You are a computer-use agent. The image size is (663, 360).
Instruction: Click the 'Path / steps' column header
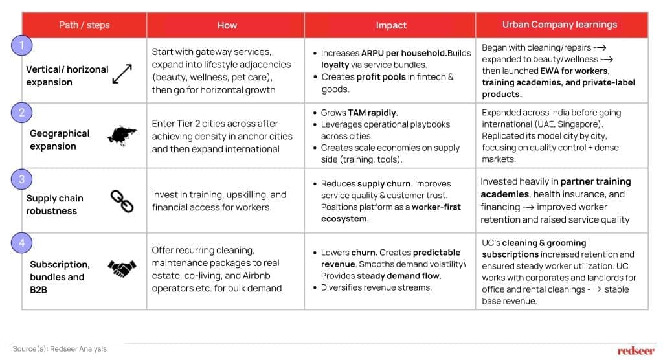(x=84, y=25)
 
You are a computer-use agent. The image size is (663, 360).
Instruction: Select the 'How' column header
(x=227, y=25)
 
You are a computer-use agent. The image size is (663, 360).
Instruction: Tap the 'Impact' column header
(x=391, y=25)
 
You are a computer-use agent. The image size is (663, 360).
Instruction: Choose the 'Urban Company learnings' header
(x=560, y=25)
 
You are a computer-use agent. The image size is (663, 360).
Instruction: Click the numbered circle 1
(x=21, y=45)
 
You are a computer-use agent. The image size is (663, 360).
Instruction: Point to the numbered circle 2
(x=21, y=113)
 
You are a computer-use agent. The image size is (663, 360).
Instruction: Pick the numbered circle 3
(x=21, y=178)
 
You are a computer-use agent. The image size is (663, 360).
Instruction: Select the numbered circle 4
(x=21, y=243)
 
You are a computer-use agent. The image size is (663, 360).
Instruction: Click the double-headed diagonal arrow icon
(x=122, y=74)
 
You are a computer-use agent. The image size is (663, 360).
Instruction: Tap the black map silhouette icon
(x=122, y=135)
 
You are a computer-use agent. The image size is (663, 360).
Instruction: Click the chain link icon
(x=122, y=201)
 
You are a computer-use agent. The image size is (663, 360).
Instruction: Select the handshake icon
(x=122, y=267)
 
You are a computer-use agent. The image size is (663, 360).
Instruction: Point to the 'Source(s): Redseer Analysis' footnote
(x=60, y=349)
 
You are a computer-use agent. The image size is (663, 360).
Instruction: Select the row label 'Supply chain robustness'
(x=54, y=205)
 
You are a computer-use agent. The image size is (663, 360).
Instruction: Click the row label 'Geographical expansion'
(x=60, y=140)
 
